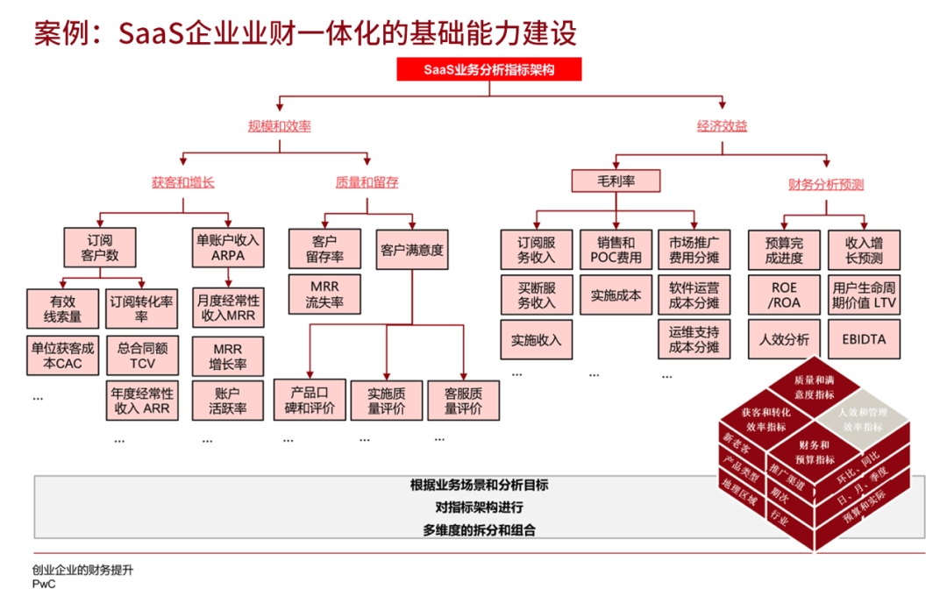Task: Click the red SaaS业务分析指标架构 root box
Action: click(489, 69)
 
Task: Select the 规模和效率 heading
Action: click(280, 126)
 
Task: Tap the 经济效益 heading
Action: click(723, 126)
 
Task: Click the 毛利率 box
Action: click(616, 181)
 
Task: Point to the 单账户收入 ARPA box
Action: click(228, 247)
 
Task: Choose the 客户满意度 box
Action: click(412, 251)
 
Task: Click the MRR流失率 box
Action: click(323, 294)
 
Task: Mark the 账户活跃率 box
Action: click(228, 401)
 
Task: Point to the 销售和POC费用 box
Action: click(616, 250)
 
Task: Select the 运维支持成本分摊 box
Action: click(694, 339)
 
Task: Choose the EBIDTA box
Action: click(865, 339)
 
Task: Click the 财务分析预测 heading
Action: click(827, 184)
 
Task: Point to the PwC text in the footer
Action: click(44, 584)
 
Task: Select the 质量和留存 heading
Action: click(367, 183)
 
